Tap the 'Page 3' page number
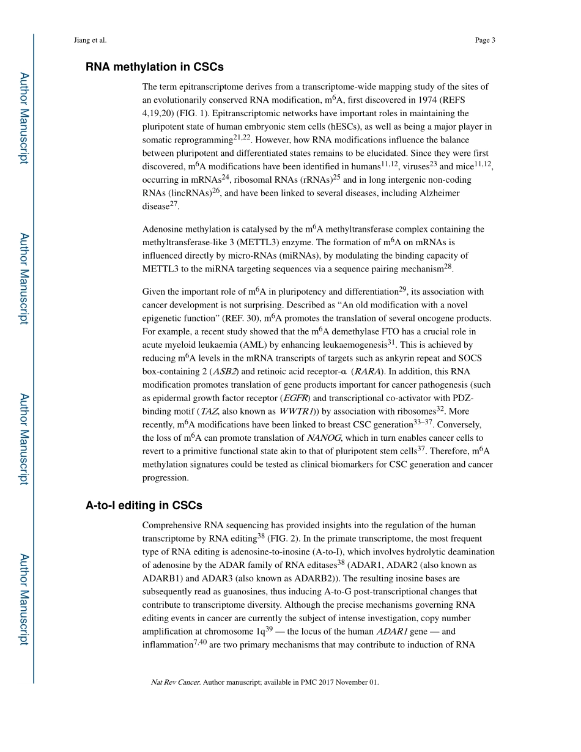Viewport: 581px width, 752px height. [x=484, y=40]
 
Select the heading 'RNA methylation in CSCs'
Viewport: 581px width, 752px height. [x=154, y=67]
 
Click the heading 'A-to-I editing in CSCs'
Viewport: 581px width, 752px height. [x=144, y=506]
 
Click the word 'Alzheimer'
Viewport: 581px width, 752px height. [x=439, y=193]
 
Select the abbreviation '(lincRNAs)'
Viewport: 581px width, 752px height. [x=184, y=193]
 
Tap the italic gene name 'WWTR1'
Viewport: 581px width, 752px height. [x=297, y=411]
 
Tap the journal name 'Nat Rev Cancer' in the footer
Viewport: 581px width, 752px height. [x=175, y=682]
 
